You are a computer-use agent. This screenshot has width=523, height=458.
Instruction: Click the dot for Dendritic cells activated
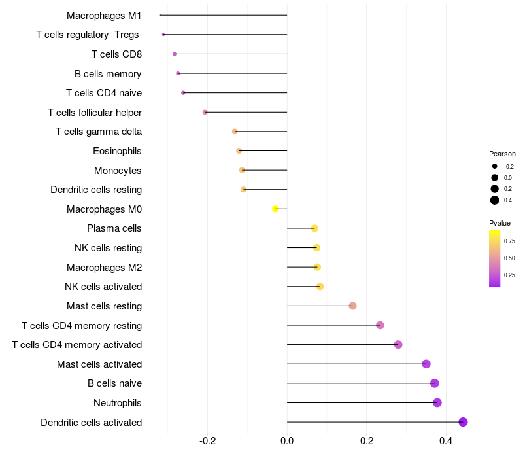[464, 422]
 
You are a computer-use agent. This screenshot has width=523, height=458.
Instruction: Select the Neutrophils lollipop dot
[437, 402]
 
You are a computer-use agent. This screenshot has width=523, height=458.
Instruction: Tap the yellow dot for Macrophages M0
[276, 209]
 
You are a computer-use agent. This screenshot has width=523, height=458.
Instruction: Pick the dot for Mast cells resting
[352, 306]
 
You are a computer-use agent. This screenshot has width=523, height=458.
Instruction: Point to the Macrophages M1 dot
[160, 15]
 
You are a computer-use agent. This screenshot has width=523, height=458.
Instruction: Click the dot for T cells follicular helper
[205, 112]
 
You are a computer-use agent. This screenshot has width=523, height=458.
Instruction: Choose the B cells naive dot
[435, 383]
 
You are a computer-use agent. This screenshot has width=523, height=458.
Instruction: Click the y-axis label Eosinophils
[117, 151]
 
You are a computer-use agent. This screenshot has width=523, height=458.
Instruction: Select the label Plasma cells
[114, 228]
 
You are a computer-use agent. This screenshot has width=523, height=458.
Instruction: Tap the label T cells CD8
[116, 54]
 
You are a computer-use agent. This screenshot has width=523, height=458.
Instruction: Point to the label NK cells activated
[103, 287]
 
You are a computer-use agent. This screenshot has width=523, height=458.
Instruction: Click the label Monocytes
[118, 171]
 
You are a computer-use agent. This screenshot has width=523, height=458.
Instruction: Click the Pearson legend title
[502, 154]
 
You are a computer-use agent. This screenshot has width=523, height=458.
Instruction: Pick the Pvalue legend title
[500, 223]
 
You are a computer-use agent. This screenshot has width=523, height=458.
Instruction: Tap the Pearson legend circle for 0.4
[495, 200]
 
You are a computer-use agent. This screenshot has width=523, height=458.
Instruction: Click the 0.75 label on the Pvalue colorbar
[509, 241]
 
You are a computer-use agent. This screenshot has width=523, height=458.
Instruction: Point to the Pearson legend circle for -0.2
[495, 166]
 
